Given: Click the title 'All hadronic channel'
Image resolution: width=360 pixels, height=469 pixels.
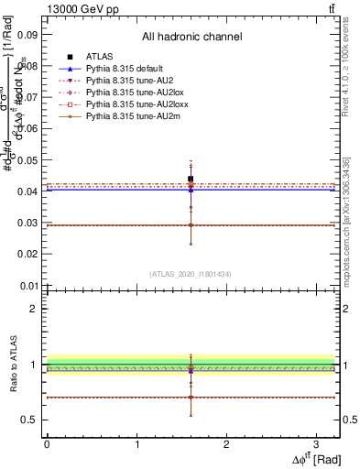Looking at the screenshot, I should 191,37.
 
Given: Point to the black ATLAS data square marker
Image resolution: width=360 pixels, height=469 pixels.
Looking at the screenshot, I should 191,180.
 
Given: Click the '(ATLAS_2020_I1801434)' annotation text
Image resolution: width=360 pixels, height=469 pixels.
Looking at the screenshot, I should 191,274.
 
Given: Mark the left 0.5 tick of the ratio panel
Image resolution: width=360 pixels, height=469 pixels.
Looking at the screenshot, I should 30,420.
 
